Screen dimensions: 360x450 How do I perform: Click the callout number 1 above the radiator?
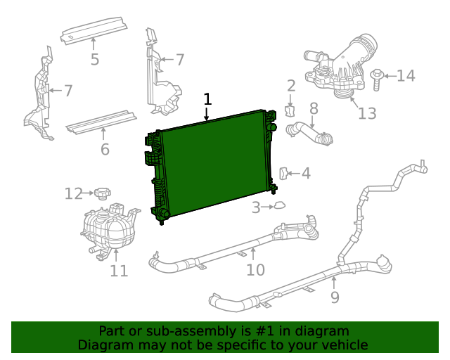(x=207, y=99)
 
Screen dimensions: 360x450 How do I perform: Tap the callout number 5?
(x=95, y=59)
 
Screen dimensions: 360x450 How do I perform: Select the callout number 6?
(x=105, y=149)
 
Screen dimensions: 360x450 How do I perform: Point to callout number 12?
(x=74, y=193)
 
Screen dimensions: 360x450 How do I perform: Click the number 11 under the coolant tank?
(x=119, y=270)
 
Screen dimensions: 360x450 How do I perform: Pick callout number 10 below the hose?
(x=255, y=269)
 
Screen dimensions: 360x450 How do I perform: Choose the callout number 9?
(x=335, y=297)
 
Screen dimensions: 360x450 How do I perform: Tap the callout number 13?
(x=367, y=113)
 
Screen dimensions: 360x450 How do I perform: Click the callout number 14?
(x=406, y=75)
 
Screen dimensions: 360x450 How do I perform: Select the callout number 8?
(x=314, y=108)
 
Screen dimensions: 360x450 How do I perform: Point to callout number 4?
(x=305, y=173)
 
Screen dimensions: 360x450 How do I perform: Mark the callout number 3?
(x=257, y=207)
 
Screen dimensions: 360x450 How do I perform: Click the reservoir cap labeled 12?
(x=103, y=192)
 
